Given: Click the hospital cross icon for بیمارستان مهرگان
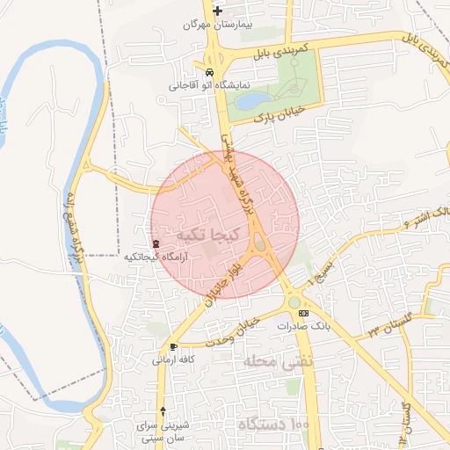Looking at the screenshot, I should (x=218, y=11).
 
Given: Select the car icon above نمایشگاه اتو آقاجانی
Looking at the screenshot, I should (x=209, y=72).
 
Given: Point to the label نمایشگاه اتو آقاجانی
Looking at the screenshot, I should (x=209, y=86).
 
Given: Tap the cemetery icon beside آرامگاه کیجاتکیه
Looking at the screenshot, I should (x=156, y=243).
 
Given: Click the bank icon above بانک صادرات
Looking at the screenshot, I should (x=304, y=313).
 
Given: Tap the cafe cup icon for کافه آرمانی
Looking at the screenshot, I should (x=173, y=346).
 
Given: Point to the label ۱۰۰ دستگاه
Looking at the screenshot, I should (x=273, y=425).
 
